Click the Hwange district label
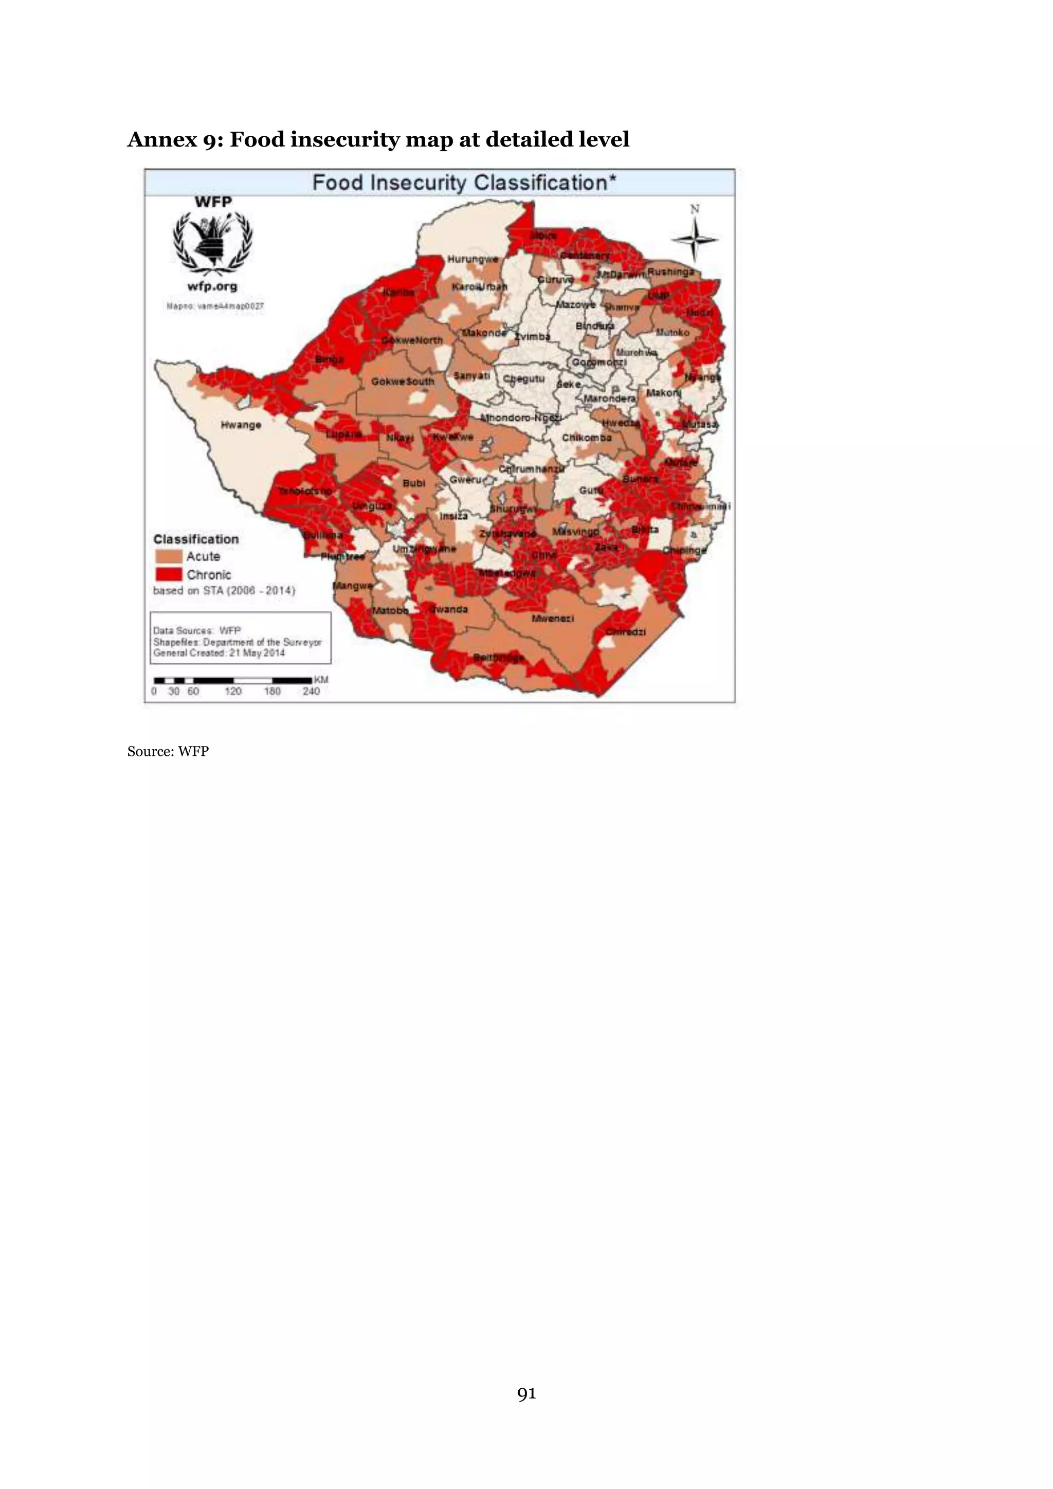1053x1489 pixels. (x=241, y=425)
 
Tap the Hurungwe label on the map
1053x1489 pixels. (x=473, y=260)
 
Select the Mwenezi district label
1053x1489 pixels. (x=552, y=619)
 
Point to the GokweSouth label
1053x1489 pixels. (x=403, y=382)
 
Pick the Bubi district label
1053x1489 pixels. (x=414, y=483)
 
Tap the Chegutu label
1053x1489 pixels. (x=524, y=379)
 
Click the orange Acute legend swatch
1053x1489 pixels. (x=168, y=556)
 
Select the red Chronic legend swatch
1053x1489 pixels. (x=168, y=575)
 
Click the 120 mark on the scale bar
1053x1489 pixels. (x=233, y=692)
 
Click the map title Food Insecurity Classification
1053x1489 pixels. (x=464, y=183)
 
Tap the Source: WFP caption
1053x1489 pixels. (x=168, y=751)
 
